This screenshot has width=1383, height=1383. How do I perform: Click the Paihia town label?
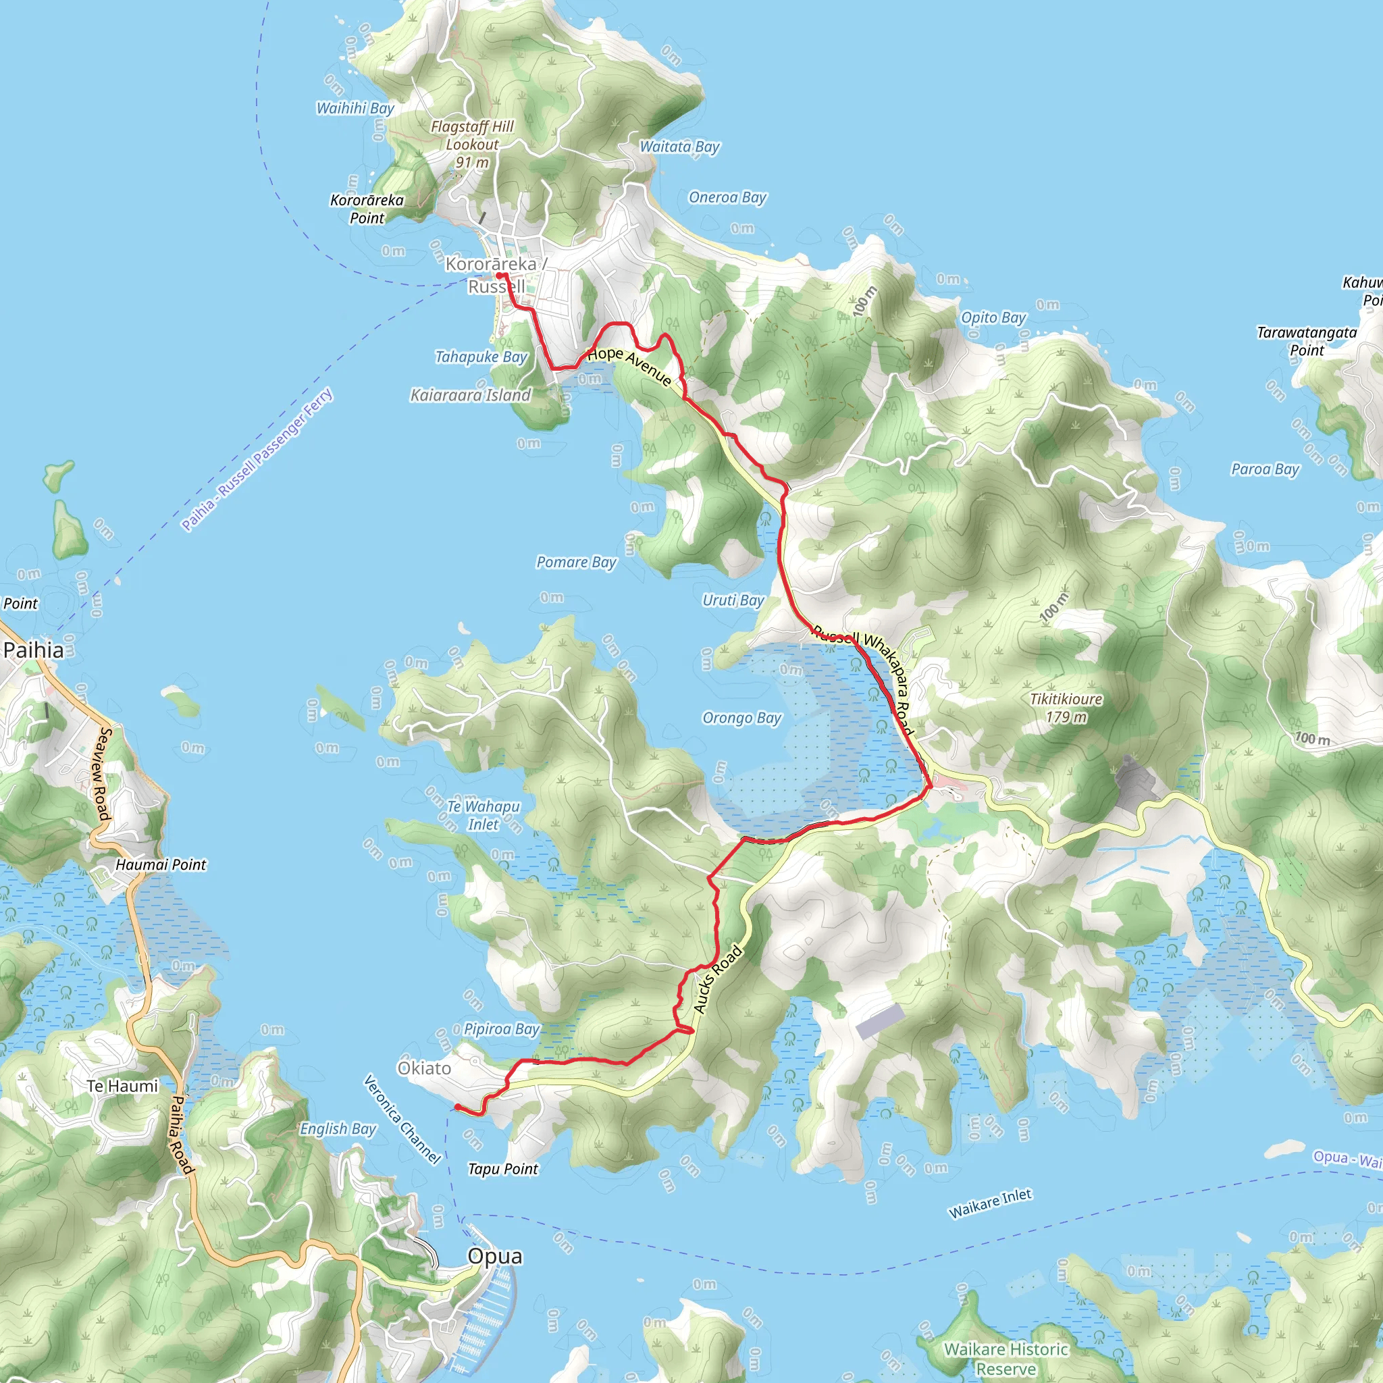(x=34, y=650)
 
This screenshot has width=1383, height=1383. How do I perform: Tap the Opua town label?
(x=494, y=1256)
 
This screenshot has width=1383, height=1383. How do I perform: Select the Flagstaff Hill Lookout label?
(x=472, y=144)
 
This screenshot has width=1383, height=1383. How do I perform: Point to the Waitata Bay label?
(x=679, y=147)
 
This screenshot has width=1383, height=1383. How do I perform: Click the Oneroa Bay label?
(x=727, y=198)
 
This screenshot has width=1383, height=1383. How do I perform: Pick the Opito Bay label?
(x=993, y=317)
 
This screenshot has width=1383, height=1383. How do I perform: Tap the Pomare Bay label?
(x=576, y=563)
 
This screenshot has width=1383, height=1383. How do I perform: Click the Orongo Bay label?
(x=741, y=718)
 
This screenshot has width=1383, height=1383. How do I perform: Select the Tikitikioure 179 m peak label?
(x=1066, y=708)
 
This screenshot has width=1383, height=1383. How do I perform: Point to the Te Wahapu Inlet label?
(x=484, y=815)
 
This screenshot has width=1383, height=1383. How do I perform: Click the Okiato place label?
(x=425, y=1068)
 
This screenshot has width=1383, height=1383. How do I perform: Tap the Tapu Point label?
(x=502, y=1169)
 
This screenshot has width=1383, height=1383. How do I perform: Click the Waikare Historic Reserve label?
(x=1006, y=1359)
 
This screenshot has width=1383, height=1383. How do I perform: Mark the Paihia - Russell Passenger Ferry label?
(x=257, y=460)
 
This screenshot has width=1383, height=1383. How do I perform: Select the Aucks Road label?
(x=718, y=979)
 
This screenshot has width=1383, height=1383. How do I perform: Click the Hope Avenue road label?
(x=629, y=366)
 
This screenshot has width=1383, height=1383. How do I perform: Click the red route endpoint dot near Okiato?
(x=457, y=1107)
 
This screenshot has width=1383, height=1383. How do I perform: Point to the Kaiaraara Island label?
(x=470, y=395)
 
